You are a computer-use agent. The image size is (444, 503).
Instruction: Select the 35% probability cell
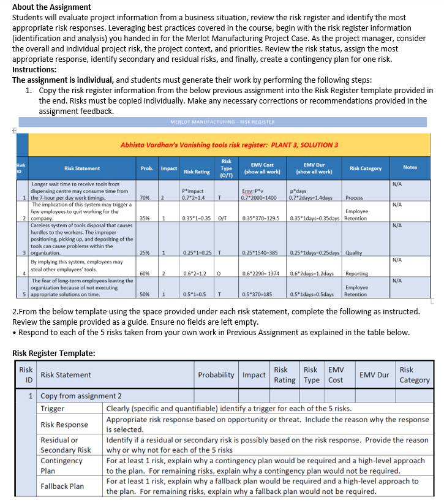[x=145, y=217]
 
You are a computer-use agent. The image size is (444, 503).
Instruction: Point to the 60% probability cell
[x=145, y=273]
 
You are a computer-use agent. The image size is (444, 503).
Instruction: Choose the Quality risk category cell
[x=353, y=252]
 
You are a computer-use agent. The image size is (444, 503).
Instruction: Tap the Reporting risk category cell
[x=356, y=273]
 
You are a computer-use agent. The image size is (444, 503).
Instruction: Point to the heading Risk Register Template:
[x=54, y=353]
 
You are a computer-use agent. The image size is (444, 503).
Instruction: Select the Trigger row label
[x=53, y=408]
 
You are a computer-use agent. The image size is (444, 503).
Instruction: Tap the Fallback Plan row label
[x=62, y=486]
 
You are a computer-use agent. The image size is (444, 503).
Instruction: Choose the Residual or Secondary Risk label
[x=66, y=445]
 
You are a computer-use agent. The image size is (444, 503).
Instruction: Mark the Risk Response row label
[x=64, y=424]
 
